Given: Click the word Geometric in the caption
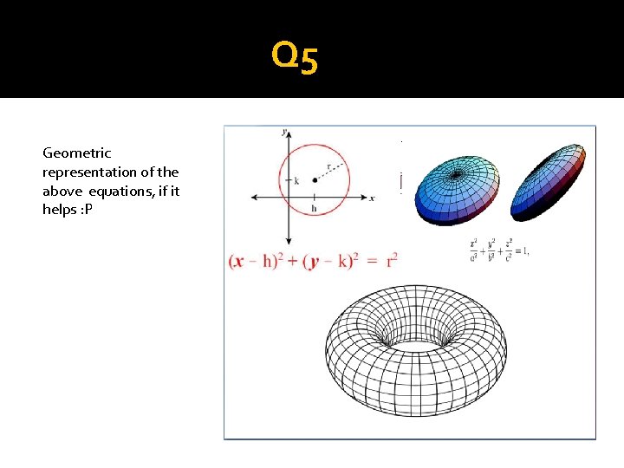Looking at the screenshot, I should click(77, 153).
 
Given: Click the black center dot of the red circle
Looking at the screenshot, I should click(314, 181).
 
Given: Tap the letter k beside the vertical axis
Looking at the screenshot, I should click(296, 181).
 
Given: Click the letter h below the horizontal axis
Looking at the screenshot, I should click(314, 208).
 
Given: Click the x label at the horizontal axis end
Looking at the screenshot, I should click(372, 198).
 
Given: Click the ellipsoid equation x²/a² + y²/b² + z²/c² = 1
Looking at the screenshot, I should click(497, 250).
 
